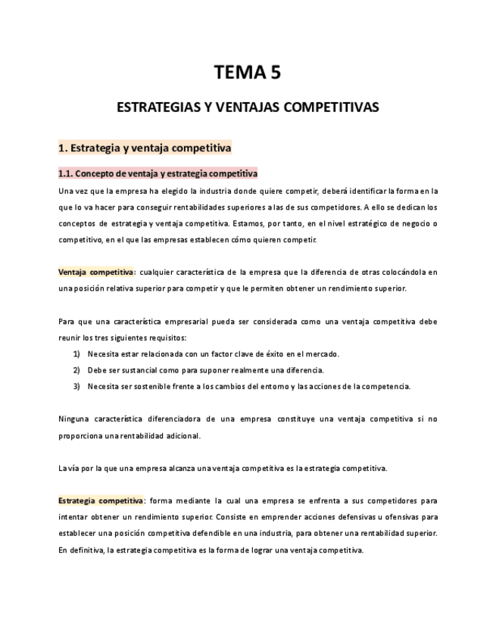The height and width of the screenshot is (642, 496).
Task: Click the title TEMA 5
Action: tap(248, 73)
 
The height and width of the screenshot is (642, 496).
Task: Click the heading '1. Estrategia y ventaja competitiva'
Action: tap(145, 148)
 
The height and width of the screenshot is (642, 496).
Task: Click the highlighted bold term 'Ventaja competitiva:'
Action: tap(97, 272)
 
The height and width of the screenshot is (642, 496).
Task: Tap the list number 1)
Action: tap(76, 354)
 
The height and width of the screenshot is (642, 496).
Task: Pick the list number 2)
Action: tap(76, 370)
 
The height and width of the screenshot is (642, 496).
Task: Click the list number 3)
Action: tap(76, 386)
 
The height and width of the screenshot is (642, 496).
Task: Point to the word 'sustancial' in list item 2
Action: tap(141, 370)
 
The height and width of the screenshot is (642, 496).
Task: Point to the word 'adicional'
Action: tap(181, 435)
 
